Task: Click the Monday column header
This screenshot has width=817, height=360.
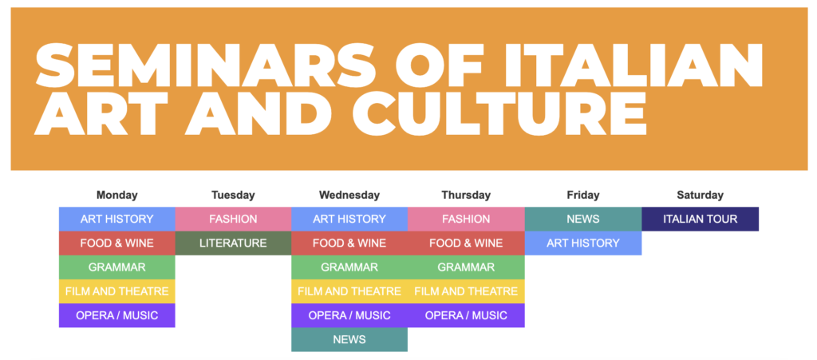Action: click(x=116, y=196)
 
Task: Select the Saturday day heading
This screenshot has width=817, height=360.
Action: click(x=700, y=196)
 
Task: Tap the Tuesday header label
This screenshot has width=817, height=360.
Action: click(x=233, y=196)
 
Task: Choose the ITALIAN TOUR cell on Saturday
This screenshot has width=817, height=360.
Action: click(x=700, y=219)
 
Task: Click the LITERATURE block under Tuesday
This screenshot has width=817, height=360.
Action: click(x=233, y=243)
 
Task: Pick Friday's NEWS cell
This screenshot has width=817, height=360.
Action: click(x=583, y=219)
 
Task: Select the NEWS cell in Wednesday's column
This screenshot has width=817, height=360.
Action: click(x=349, y=340)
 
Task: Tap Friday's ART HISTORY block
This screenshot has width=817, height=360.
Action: click(x=583, y=243)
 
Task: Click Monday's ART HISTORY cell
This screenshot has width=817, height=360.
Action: click(x=116, y=219)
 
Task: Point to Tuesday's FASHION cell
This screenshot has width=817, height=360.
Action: click(x=233, y=219)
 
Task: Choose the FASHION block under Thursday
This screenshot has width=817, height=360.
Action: click(x=466, y=219)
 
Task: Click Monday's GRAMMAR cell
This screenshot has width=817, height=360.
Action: click(x=116, y=267)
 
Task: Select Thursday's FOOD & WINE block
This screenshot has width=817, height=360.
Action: click(x=466, y=243)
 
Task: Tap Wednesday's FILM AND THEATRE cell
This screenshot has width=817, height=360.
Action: click(x=349, y=291)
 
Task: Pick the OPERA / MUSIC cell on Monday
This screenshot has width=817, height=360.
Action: click(x=116, y=315)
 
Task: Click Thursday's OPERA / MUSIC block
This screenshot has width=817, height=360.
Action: click(x=466, y=315)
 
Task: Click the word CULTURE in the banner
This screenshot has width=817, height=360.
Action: click(x=499, y=112)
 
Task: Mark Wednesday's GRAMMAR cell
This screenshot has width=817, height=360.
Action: click(x=349, y=267)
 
